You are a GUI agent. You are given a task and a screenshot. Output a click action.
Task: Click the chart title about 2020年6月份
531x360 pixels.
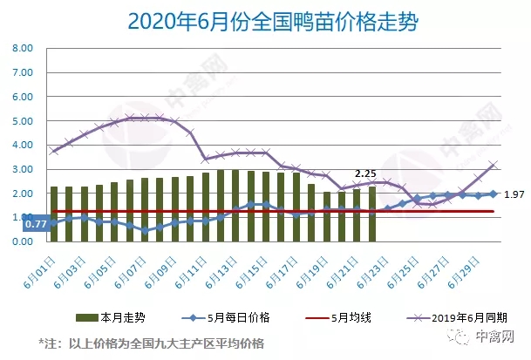(x=267, y=20)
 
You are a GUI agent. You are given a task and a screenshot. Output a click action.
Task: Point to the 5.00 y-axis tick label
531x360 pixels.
(x=20, y=122)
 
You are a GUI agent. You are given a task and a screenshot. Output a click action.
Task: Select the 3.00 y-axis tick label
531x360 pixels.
(x=20, y=170)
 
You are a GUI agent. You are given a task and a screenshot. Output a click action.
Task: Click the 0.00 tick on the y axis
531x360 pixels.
(x=20, y=241)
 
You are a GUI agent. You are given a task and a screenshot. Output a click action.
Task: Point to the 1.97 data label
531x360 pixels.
(x=514, y=195)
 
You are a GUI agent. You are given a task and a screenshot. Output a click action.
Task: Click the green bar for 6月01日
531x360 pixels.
(x=54, y=214)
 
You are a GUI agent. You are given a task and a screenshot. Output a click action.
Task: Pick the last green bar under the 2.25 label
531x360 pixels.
(x=373, y=214)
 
